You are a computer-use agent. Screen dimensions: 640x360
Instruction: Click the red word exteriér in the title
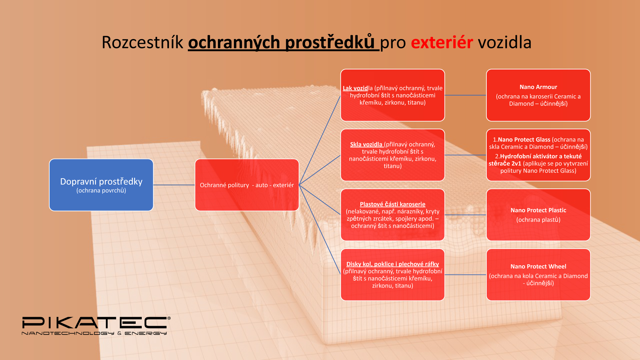pos(442,42)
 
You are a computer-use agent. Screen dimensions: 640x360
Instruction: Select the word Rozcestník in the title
pos(142,42)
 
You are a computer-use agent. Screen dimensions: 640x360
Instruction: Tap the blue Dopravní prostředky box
pos(101,185)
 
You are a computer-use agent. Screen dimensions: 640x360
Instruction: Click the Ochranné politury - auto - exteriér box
pos(247,185)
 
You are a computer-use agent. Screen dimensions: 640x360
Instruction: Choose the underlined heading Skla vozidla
pos(366,144)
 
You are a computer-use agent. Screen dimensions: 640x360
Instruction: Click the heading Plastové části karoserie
pos(393,204)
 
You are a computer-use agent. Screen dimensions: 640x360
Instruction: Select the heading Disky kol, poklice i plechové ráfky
pos(393,264)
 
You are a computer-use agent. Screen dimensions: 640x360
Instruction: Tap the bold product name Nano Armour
pos(538,87)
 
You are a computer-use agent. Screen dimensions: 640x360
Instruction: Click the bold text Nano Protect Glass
pos(524,140)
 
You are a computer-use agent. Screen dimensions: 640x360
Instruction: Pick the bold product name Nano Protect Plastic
pos(538,210)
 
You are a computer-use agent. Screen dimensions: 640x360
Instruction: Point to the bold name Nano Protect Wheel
pos(538,267)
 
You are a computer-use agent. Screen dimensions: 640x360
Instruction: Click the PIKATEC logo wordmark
pos(94,323)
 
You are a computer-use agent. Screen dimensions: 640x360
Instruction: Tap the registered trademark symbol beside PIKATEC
pos(169,318)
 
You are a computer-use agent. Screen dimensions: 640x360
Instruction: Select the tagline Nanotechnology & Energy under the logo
pos(94,333)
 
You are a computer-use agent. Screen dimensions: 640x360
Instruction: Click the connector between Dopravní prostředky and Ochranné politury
pos(174,185)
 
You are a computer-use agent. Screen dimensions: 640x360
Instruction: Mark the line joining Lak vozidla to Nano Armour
pos(466,95)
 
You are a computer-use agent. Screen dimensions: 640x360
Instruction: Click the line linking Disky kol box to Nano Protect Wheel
pos(466,275)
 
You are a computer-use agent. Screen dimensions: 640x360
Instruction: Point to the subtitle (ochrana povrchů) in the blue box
pos(101,191)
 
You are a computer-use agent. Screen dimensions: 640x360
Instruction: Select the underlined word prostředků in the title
pos(330,42)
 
